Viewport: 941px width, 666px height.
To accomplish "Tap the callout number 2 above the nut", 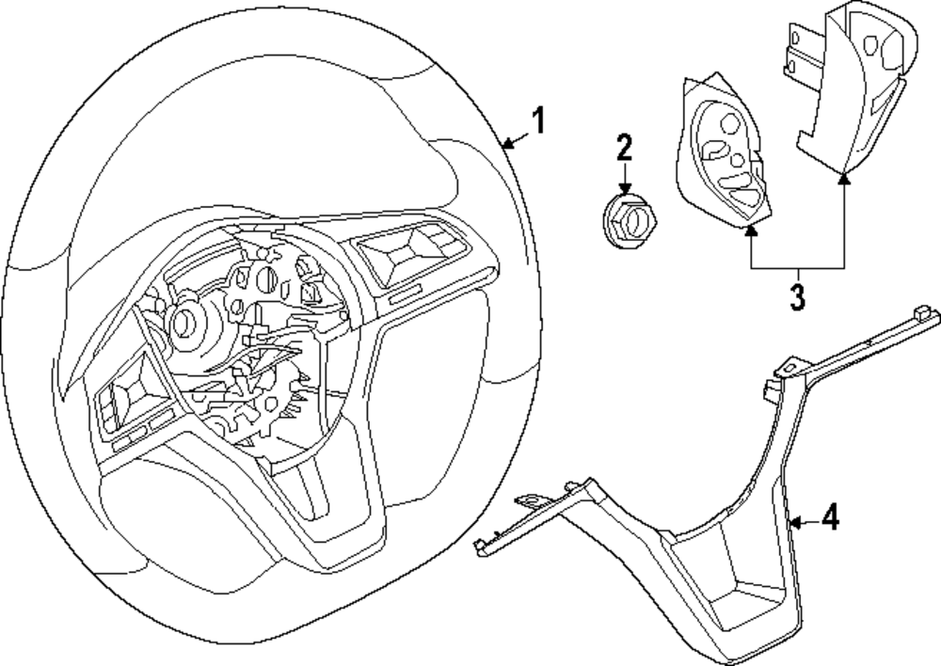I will tap(625, 148).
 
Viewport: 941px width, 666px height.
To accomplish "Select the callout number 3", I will tap(797, 296).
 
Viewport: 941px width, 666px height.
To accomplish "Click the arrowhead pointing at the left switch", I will tap(751, 228).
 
